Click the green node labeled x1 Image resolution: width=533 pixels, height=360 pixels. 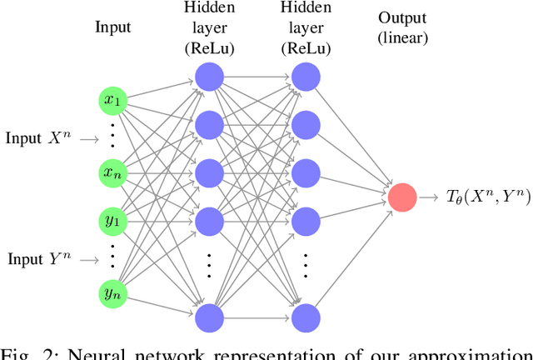(x=112, y=102)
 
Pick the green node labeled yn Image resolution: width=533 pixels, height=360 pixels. (x=112, y=292)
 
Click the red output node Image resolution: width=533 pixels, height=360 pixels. (x=401, y=197)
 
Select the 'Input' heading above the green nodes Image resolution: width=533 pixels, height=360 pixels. (x=112, y=27)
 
